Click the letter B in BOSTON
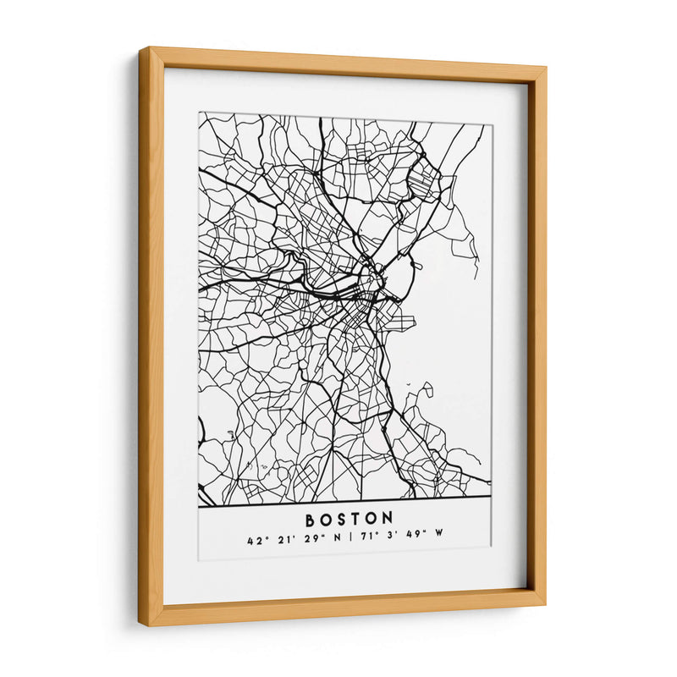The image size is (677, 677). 310,518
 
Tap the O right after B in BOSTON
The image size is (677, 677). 327,518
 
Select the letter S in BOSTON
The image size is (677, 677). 343,518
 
